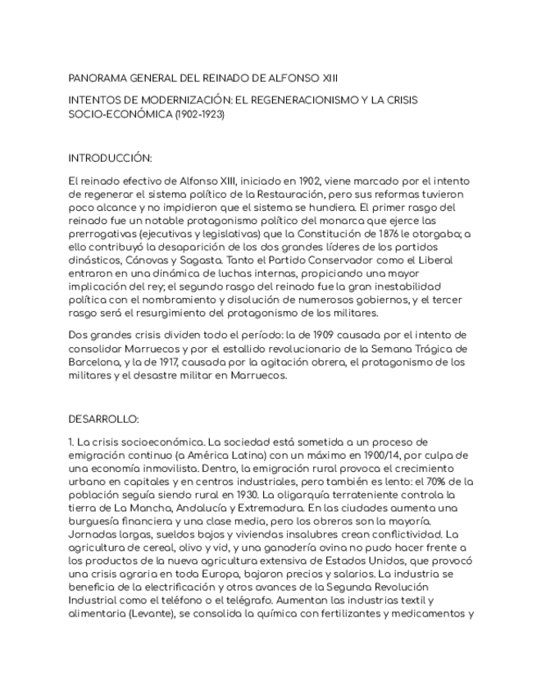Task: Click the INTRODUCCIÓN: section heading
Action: click(110, 158)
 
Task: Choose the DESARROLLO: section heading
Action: click(104, 419)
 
